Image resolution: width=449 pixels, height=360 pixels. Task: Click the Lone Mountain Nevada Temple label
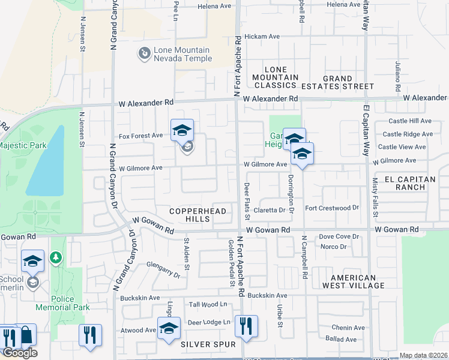pyautogui.click(x=183, y=54)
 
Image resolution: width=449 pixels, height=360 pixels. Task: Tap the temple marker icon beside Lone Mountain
pyautogui.click(x=144, y=55)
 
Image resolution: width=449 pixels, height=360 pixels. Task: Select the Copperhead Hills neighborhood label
pyautogui.click(x=197, y=215)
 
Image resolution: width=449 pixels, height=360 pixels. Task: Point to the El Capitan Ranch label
pyautogui.click(x=409, y=183)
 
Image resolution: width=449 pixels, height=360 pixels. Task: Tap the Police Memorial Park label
pyautogui.click(x=71, y=303)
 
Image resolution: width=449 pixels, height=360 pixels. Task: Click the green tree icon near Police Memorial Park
pyautogui.click(x=56, y=257)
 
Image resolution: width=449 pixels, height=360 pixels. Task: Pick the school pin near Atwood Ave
pyautogui.click(x=169, y=328)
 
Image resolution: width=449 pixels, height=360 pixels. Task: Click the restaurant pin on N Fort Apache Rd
pyautogui.click(x=246, y=326)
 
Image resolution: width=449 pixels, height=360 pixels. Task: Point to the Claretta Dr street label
pyautogui.click(x=269, y=210)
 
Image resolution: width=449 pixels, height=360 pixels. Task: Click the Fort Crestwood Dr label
pyautogui.click(x=331, y=208)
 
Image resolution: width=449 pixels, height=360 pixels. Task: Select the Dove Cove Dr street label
pyautogui.click(x=339, y=236)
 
